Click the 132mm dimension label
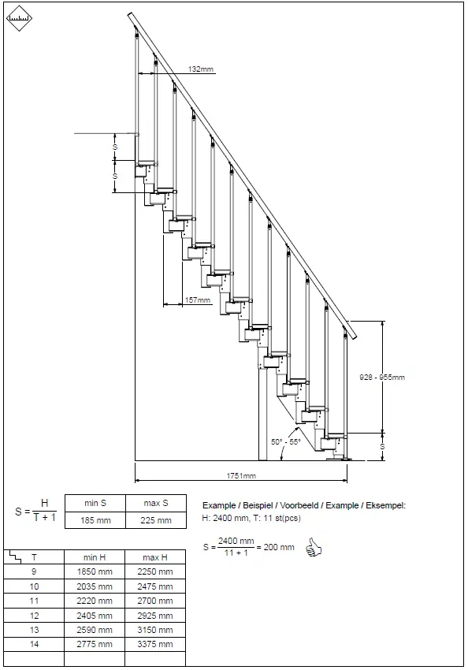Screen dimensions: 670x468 (x=201, y=69)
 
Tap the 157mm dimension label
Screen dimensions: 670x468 (x=198, y=300)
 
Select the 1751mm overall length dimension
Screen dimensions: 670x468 (x=242, y=476)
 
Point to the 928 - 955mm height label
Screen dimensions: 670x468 (x=381, y=377)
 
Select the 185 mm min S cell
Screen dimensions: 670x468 (x=94, y=520)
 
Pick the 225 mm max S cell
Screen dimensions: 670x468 (x=155, y=520)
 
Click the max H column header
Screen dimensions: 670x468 (x=155, y=557)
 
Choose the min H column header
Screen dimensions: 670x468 (x=94, y=557)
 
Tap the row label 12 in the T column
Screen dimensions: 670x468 (x=34, y=615)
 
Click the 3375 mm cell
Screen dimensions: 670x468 (x=155, y=644)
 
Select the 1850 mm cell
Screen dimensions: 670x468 (x=94, y=571)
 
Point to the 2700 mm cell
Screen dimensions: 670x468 (x=155, y=601)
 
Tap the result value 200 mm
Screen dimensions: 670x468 (x=279, y=547)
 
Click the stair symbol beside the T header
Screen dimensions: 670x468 (x=14, y=556)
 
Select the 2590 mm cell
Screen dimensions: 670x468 (x=94, y=630)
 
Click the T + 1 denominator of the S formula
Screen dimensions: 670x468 (x=44, y=517)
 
